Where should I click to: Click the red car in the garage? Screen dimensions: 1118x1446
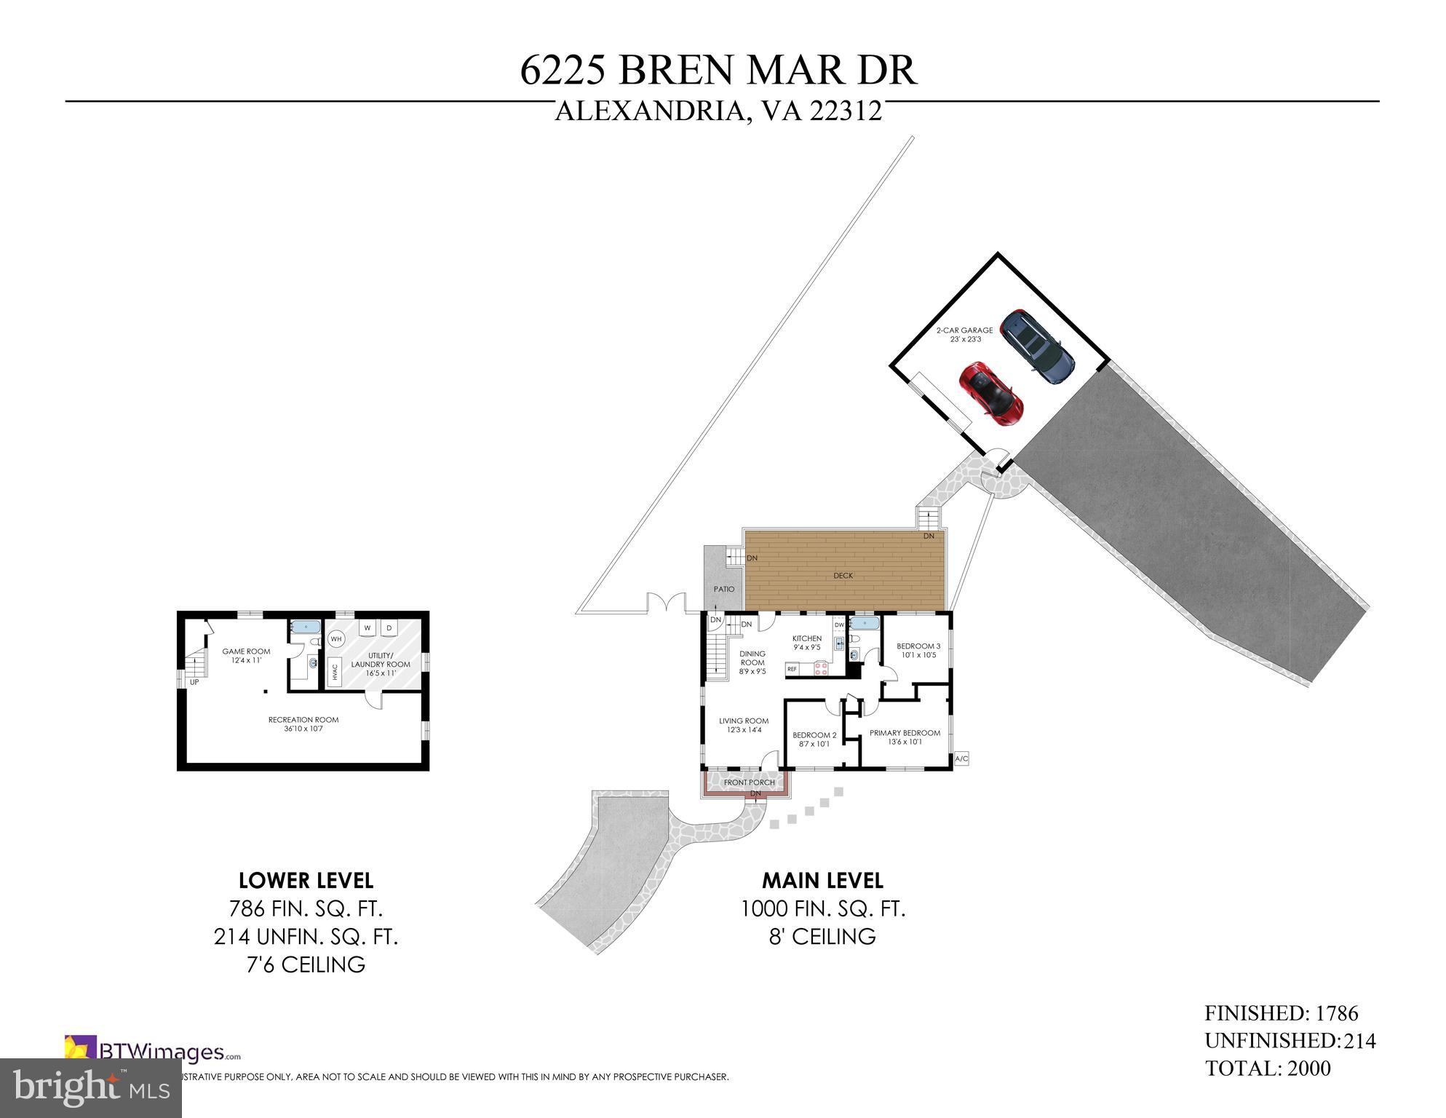(x=990, y=393)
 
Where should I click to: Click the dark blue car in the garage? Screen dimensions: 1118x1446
(x=1037, y=347)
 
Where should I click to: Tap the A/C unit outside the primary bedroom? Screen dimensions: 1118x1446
(x=961, y=758)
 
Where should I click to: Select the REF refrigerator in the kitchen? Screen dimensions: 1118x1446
(x=792, y=668)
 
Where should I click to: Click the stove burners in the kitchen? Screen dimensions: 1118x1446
(x=822, y=668)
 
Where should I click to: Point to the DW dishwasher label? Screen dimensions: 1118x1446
(x=839, y=625)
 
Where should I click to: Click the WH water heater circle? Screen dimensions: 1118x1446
(x=336, y=639)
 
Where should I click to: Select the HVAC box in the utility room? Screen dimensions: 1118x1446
(x=335, y=670)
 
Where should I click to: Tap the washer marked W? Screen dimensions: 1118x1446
(x=368, y=627)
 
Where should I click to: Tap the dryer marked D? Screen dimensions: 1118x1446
(x=389, y=627)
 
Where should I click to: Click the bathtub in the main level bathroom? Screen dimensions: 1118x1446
(x=864, y=623)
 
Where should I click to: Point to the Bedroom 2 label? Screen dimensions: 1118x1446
(x=814, y=735)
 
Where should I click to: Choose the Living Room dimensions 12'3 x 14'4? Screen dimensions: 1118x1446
(x=744, y=730)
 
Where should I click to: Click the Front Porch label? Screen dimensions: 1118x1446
(x=749, y=782)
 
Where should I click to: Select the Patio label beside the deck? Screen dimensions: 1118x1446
(x=723, y=589)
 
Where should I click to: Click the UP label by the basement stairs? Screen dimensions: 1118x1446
(x=194, y=682)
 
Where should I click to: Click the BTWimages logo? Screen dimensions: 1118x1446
(x=153, y=1052)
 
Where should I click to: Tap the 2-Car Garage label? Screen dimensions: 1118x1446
(x=964, y=330)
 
